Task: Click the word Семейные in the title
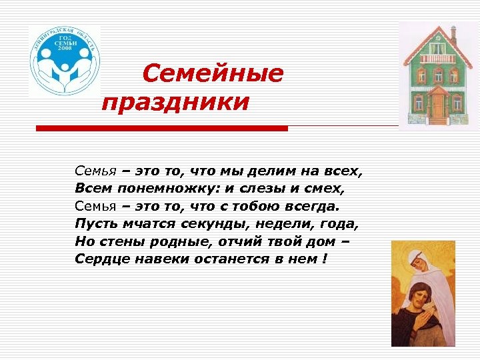point(213,73)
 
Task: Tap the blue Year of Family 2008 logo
point(65,62)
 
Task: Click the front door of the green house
point(437,105)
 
